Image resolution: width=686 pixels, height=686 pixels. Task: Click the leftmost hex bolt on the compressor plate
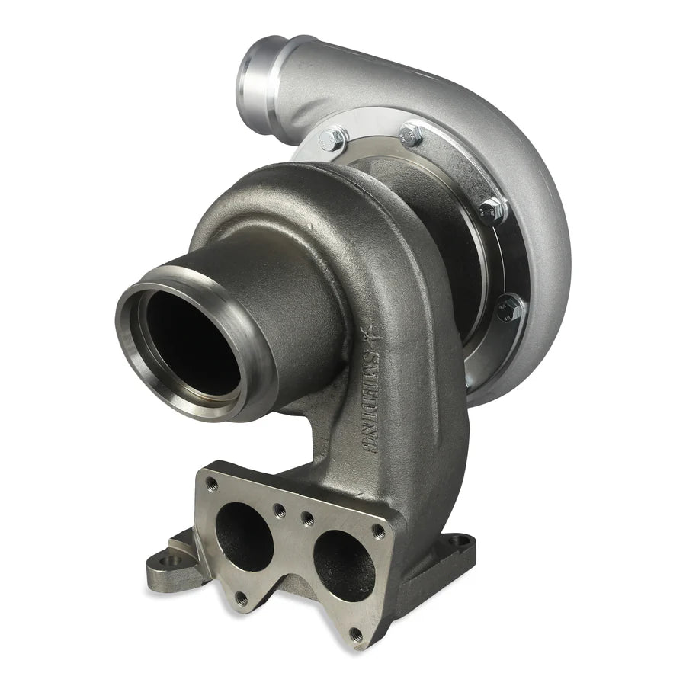tap(333, 139)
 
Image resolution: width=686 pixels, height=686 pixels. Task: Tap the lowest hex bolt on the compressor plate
tap(509, 309)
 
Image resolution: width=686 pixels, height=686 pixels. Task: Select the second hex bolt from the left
tap(412, 135)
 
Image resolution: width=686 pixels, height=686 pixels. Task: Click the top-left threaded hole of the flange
tap(212, 484)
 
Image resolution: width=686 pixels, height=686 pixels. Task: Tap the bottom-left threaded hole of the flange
tap(242, 599)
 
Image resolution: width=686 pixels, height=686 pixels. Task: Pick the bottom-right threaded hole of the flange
tap(355, 633)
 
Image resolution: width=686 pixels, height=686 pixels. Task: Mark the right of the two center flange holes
tap(308, 519)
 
